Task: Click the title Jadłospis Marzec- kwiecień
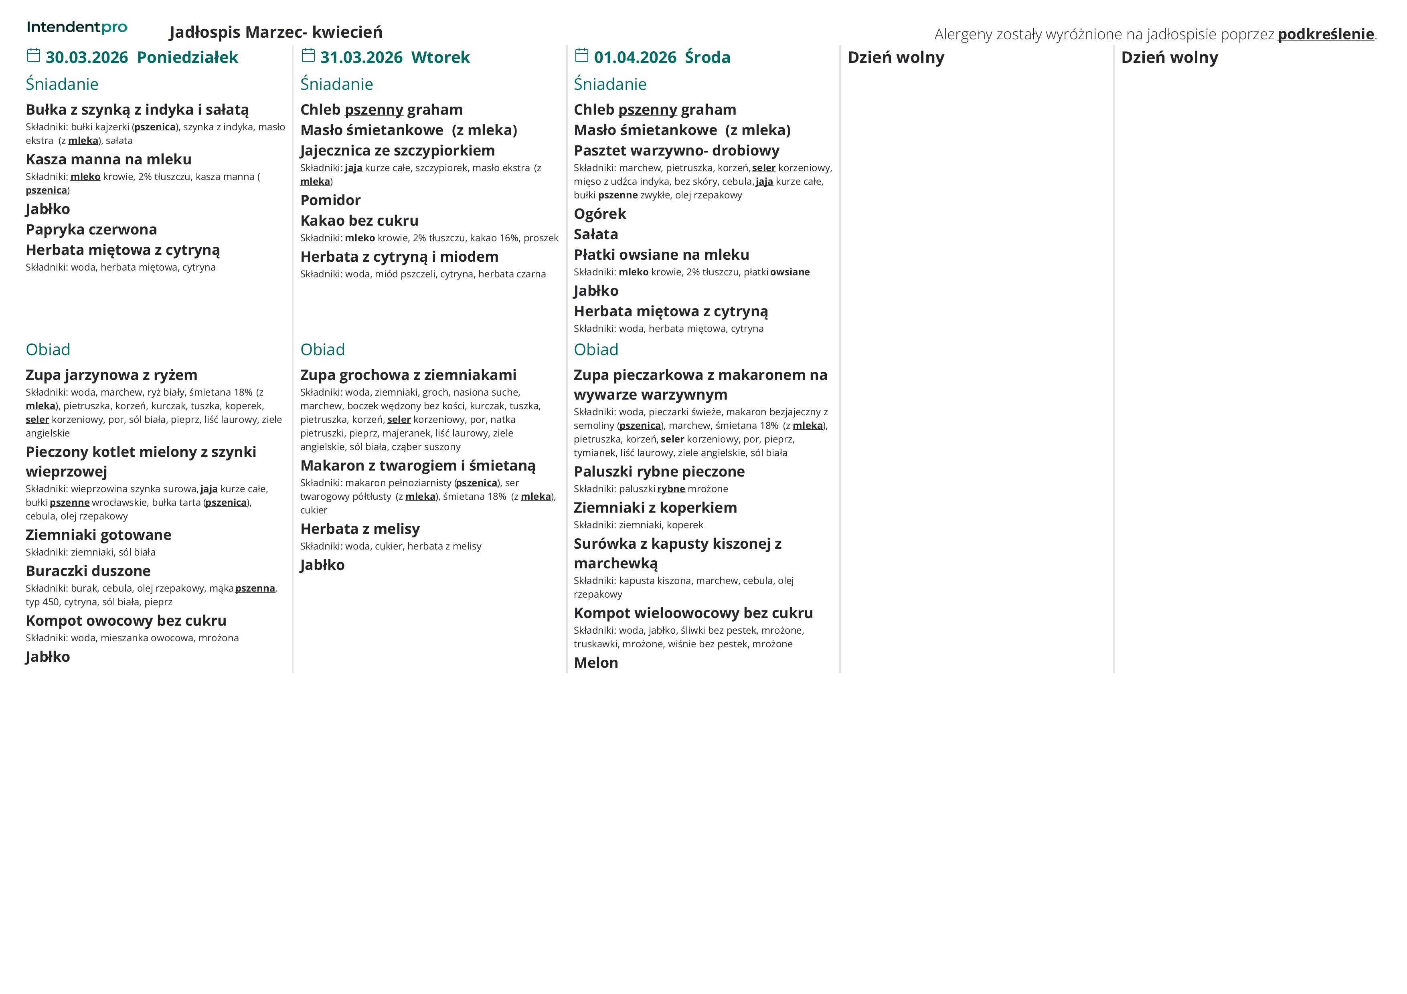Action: coord(276,32)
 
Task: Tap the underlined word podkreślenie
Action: coord(1326,34)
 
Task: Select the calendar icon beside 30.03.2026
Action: coord(34,56)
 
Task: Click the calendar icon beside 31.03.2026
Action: coord(308,56)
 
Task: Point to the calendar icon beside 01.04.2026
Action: coord(581,56)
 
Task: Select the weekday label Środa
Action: coord(707,58)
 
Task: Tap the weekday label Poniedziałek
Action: coord(188,58)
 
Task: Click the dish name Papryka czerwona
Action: coord(91,230)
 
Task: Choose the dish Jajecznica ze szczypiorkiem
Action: coord(397,151)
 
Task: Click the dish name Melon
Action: coord(596,663)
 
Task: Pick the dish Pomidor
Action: coord(330,200)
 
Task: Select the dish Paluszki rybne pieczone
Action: coord(659,472)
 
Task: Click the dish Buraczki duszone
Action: coord(88,571)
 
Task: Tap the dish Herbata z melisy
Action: coord(360,529)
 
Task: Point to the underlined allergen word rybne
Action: coord(671,489)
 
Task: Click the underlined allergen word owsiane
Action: coord(790,272)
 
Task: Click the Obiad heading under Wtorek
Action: coord(322,350)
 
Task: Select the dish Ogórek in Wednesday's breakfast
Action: coord(599,214)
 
